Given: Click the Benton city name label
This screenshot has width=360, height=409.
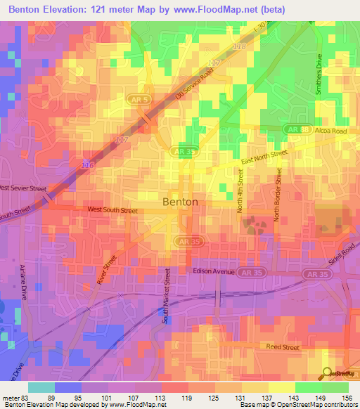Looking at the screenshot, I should pos(180,202).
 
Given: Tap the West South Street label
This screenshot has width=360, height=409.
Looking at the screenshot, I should pos(112,209).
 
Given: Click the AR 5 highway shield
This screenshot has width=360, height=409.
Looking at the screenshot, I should pos(139,100).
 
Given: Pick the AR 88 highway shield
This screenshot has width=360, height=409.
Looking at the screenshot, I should pos(295,129).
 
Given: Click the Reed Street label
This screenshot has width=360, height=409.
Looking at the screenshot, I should pos(283,346).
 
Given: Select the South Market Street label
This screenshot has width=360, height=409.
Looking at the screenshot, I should pos(167,294).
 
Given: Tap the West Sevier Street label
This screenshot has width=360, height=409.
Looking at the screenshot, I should pos(32,188).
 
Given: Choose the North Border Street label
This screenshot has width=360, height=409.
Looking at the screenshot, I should pos(278,195).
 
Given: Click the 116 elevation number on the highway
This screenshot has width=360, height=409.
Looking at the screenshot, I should pos(87,164).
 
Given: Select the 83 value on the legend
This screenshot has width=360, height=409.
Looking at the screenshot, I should pos(26,397).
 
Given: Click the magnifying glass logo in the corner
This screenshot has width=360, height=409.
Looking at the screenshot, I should pos(327,372).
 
